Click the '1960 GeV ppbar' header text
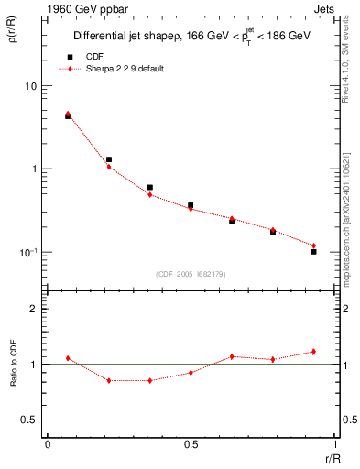[80, 9]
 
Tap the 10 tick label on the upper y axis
[31, 86]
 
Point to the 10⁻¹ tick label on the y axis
[28, 252]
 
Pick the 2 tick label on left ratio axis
[35, 309]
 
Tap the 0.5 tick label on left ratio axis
[30, 420]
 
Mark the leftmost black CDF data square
[68, 116]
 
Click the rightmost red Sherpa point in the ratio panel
[313, 352]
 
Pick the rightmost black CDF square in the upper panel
[313, 251]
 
